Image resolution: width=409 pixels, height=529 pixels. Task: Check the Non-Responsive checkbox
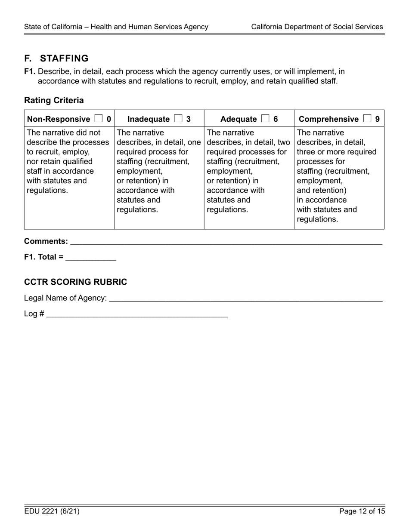98,119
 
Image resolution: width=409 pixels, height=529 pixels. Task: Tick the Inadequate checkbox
178,119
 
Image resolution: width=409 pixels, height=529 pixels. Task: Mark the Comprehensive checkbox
367,119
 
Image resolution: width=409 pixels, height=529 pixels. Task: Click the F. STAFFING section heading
56,58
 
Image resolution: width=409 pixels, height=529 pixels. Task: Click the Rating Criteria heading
54,101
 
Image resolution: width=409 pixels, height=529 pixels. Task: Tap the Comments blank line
226,242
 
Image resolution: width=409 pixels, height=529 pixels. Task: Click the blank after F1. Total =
90,257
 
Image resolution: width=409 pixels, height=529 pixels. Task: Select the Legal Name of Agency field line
245,298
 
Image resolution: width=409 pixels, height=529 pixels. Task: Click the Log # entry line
137,314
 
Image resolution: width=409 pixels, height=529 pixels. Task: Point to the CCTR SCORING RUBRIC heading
76,282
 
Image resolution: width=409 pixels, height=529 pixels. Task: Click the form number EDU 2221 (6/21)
52,511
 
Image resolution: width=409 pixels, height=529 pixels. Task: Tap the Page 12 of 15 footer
362,511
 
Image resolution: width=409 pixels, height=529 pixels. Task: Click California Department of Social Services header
317,27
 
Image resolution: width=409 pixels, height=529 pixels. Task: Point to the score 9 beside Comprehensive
378,119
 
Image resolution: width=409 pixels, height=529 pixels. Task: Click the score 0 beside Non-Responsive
108,119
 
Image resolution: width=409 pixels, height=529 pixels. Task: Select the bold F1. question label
30,71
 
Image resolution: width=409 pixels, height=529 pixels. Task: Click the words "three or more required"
331,152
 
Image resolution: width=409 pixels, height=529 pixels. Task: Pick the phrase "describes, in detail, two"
248,142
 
